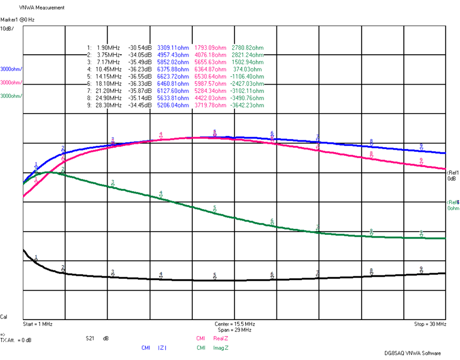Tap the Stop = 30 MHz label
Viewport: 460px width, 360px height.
click(430, 324)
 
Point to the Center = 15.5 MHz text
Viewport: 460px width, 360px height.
click(234, 324)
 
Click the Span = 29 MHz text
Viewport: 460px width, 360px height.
click(234, 330)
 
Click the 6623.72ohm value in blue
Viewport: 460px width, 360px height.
click(173, 77)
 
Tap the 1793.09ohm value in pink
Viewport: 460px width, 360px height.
click(211, 48)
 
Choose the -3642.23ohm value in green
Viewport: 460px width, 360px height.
click(247, 105)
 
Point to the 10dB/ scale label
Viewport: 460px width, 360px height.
click(7, 29)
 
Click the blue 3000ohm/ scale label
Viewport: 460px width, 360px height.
click(11, 69)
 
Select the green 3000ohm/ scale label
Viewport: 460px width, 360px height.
click(11, 96)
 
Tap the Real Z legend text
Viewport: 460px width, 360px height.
click(220, 338)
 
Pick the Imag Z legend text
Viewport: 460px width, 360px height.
click(220, 348)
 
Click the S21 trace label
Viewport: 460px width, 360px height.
click(91, 338)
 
